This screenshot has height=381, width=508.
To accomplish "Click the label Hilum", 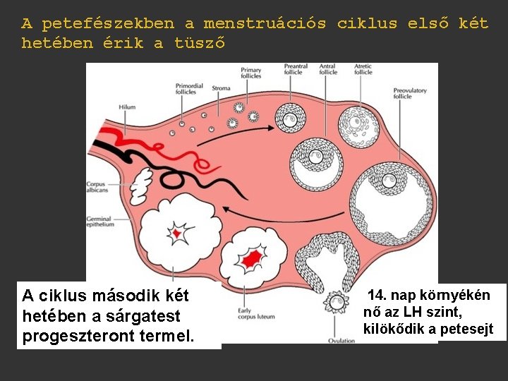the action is (127, 107).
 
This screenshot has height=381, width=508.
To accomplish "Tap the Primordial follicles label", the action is (189, 89).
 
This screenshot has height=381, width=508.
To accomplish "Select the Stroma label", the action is (221, 89).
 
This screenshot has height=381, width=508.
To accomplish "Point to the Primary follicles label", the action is (251, 73).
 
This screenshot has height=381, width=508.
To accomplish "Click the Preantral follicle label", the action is (293, 69).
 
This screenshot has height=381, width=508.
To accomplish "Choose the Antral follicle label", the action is (328, 69).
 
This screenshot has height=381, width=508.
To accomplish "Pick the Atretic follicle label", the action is (363, 69).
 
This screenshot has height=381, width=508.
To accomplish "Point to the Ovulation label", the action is (341, 341).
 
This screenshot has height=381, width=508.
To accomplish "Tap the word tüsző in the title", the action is (200, 43).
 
